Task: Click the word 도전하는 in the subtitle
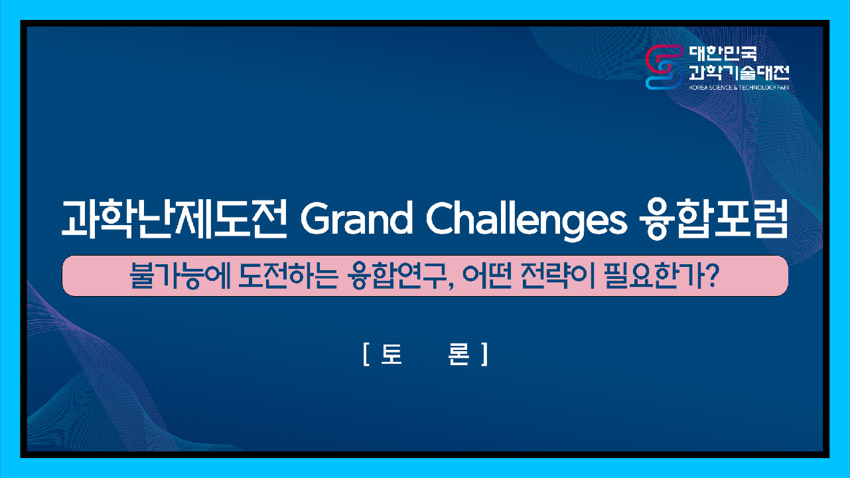point(287,276)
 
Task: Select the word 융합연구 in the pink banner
point(396,276)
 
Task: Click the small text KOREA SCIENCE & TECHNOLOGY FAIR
point(739,88)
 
